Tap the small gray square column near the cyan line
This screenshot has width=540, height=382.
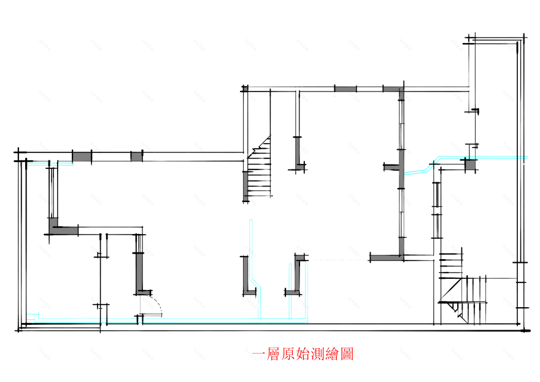470,164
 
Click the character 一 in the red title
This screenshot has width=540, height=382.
259,354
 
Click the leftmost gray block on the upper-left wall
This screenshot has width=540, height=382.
82,156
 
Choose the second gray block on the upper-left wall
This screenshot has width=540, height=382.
136,156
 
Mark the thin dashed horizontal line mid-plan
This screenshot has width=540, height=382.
337,260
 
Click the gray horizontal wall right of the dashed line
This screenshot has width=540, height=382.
387,257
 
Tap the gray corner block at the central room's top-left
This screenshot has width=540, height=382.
245,89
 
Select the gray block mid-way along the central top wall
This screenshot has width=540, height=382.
345,89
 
